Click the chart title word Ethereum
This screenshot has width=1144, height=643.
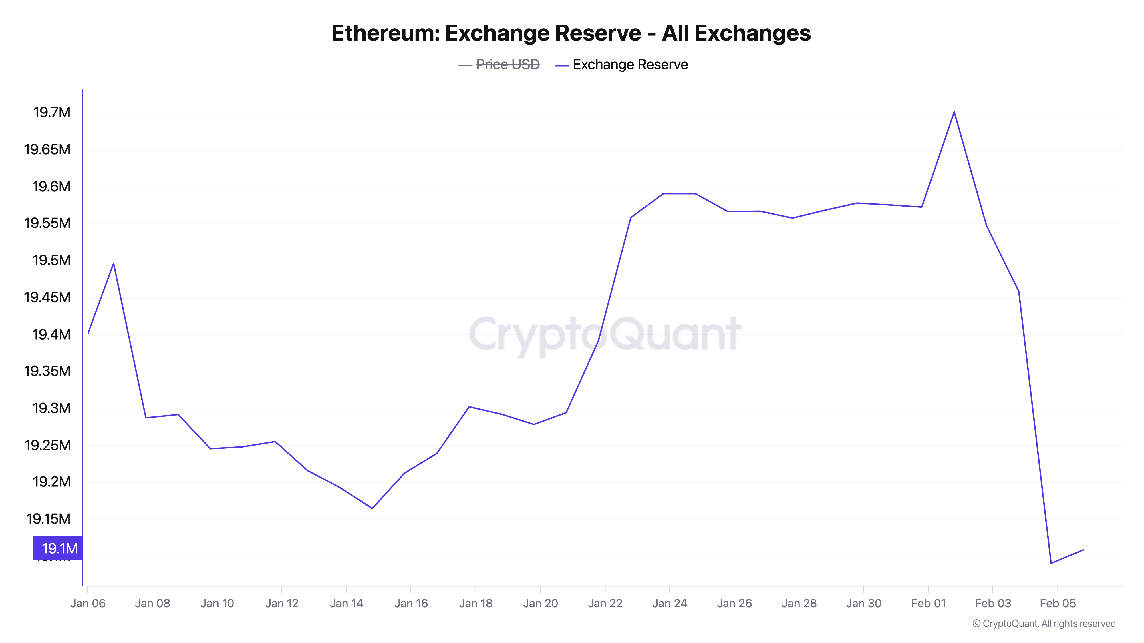click(x=385, y=33)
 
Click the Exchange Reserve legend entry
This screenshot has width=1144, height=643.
click(x=630, y=65)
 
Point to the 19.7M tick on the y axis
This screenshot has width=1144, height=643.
click(x=52, y=113)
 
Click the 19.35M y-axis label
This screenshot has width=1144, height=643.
click(x=47, y=371)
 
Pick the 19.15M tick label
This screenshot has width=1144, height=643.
click(x=48, y=519)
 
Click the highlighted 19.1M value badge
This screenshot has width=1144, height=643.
click(x=58, y=548)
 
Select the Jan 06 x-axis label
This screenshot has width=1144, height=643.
click(x=88, y=604)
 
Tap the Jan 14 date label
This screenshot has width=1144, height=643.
click(x=346, y=604)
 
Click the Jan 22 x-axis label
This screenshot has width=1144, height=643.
click(x=605, y=604)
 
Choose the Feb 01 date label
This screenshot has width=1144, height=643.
click(x=928, y=604)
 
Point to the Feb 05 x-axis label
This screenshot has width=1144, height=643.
click(x=1057, y=604)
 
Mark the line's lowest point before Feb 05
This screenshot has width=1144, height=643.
click(x=1051, y=563)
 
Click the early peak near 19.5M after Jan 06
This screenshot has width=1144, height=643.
click(x=114, y=263)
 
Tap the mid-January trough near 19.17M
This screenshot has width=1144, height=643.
click(x=372, y=508)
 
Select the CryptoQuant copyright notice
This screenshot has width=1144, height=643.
click(x=1044, y=624)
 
